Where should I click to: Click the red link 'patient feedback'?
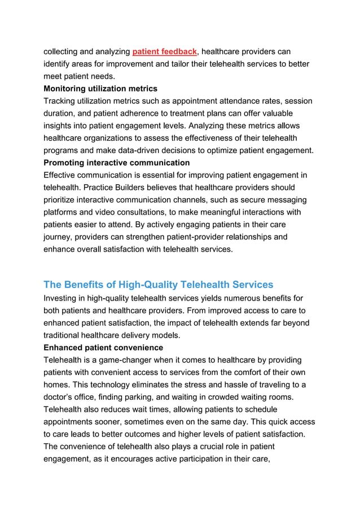coord(164,52)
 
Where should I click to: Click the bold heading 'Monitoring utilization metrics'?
coord(100,89)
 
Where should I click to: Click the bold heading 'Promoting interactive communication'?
coord(117,163)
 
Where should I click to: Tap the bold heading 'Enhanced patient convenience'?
coord(103,348)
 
